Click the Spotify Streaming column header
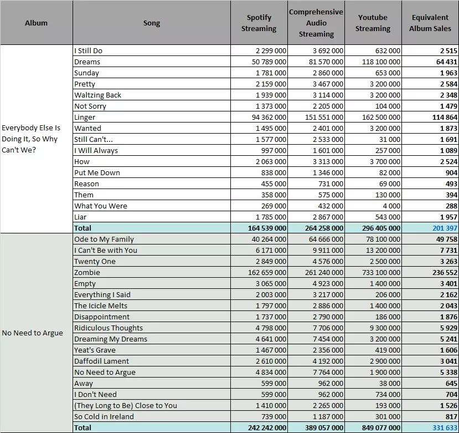coord(259,23)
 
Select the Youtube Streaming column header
coord(373,23)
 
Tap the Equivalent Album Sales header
coord(430,23)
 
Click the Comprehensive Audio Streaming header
coord(316,23)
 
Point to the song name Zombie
coord(87,272)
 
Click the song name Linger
coord(85,118)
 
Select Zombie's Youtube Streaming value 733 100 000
coord(381,272)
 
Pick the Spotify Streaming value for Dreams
coord(269,62)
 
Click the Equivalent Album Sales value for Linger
coord(445,118)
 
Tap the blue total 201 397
coord(445,228)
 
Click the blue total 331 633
coord(445,427)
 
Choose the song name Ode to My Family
coord(104,239)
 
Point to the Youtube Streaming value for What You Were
coord(391,206)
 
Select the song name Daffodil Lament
coord(101,361)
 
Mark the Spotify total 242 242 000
coord(267,427)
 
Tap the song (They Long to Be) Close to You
coord(126,405)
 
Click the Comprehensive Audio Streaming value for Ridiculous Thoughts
coord(328,328)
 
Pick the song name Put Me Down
coord(97,172)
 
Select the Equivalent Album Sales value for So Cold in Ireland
coord(451,416)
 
